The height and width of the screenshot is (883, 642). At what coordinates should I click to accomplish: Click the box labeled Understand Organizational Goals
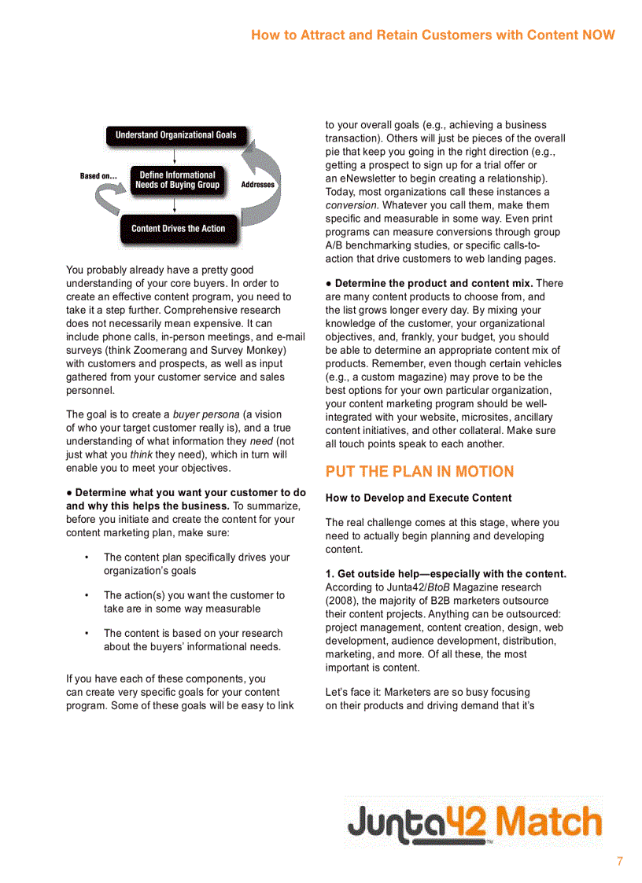(175, 135)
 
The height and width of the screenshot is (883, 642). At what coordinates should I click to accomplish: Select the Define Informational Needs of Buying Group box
(177, 180)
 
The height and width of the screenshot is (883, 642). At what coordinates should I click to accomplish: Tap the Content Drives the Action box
(178, 229)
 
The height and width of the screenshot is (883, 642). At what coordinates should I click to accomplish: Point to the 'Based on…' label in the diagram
(98, 176)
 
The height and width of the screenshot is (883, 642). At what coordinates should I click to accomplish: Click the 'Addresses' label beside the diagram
(257, 185)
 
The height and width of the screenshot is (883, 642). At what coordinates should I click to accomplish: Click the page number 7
(619, 861)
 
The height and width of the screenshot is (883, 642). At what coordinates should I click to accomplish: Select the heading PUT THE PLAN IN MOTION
(419, 472)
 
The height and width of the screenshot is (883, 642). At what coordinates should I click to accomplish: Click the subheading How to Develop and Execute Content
(419, 498)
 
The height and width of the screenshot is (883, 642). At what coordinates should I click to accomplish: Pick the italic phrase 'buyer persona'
(206, 414)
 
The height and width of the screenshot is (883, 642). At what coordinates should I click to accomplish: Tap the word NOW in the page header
(598, 35)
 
